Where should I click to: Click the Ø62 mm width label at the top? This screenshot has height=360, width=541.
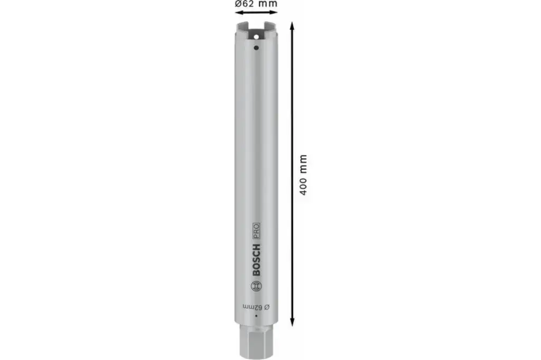point(256,5)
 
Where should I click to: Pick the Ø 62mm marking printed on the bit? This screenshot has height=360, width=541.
point(256,307)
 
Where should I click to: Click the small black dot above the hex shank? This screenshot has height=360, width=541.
point(256,316)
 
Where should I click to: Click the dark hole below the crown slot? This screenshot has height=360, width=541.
point(256,48)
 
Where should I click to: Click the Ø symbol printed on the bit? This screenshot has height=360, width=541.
point(267,307)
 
